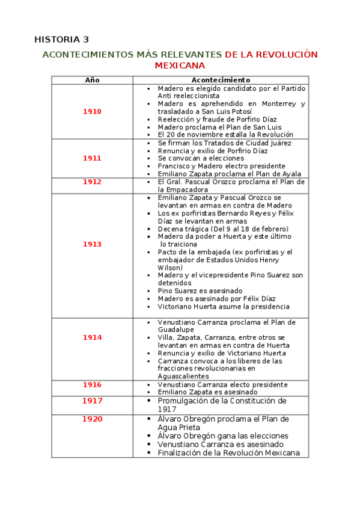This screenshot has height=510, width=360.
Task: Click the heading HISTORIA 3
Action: coord(61,40)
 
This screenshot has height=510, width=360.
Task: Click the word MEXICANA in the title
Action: coord(180,65)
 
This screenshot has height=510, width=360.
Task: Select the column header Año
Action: coord(92,80)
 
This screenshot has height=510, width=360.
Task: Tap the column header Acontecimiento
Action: coord(221,80)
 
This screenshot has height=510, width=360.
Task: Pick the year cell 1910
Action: coord(92,112)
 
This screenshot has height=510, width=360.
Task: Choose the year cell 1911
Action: coord(92,158)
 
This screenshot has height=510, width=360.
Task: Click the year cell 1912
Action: coord(92,182)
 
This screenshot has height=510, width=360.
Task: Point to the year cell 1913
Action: coord(92,244)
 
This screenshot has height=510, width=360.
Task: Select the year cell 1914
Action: coord(92,337)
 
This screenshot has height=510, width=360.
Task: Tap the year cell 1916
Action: coord(92,384)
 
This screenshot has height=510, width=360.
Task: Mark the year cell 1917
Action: coord(92,401)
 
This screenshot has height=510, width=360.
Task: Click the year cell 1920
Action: coord(92,419)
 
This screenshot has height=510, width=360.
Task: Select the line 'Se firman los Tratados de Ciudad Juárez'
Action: coord(224,143)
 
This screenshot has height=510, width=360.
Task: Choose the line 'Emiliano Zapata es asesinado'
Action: coord(207,392)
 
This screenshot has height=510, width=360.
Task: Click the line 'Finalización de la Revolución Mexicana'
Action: coord(228,453)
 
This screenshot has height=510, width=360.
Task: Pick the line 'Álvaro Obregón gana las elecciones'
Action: coord(223,436)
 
